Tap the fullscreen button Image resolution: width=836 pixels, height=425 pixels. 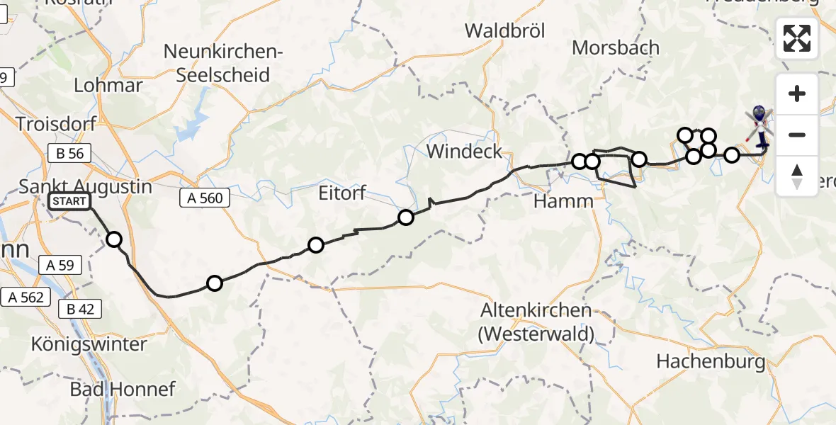coord(797,38)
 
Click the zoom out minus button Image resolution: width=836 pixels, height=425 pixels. coord(797,135)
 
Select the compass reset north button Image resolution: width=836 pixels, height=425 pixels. coord(797,176)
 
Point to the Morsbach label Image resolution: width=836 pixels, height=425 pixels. coord(615,47)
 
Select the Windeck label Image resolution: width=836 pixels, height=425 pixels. coord(464,151)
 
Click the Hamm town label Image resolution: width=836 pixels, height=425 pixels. coord(563,201)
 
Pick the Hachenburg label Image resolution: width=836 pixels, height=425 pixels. coord(711,361)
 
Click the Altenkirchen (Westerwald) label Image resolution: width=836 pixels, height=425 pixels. coord(536,321)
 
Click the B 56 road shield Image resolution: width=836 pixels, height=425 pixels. coord(66,153)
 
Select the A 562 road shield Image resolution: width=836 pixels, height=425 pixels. coord(26,297)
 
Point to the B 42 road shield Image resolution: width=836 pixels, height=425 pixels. coord(80,309)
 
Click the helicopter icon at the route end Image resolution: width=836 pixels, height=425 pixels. coord(759,124)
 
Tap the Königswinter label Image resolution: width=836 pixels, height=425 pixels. coord(89,344)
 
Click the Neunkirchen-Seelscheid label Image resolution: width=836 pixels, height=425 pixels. coord(223,63)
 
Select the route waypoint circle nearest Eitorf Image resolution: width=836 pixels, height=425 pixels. coord(405,217)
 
